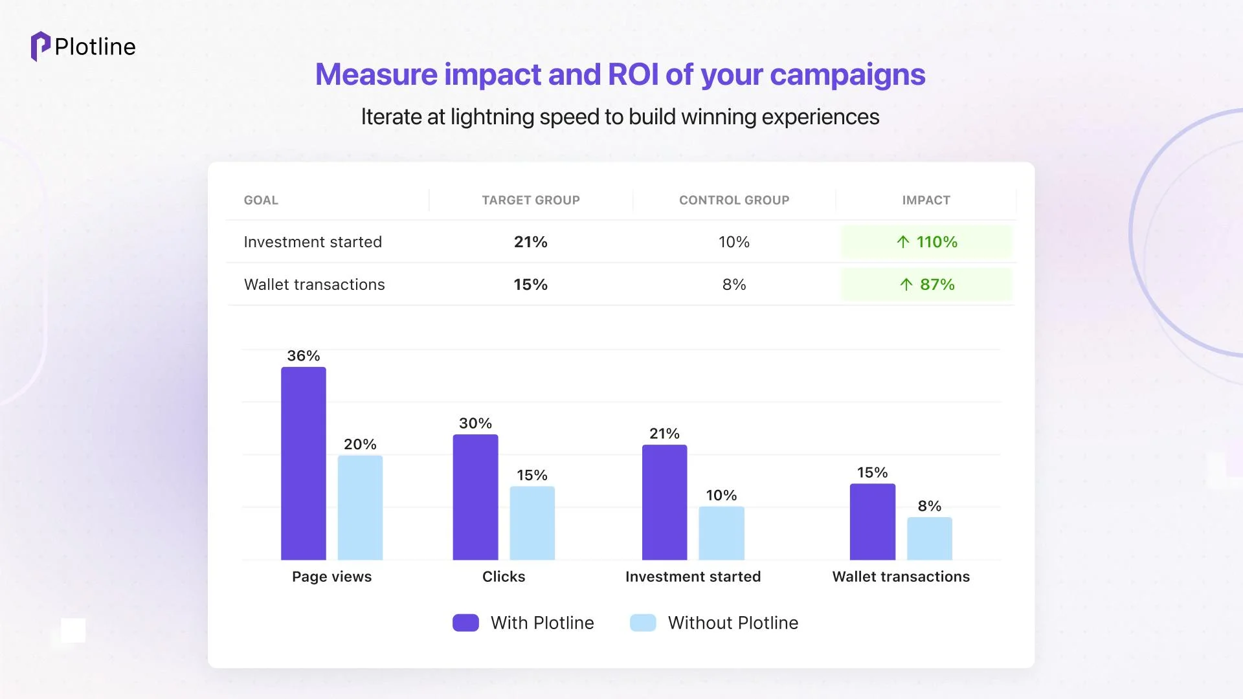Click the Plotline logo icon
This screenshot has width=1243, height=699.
[x=40, y=47]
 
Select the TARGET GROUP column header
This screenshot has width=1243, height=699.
[x=531, y=201]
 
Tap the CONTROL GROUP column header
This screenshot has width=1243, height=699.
[x=734, y=201]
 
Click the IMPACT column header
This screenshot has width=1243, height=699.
[x=926, y=201]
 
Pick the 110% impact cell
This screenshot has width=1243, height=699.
[x=926, y=242]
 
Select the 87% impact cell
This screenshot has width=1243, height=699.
[x=926, y=285]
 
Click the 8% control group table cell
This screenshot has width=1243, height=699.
[x=734, y=285]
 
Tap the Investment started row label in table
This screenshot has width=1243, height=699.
[x=313, y=242]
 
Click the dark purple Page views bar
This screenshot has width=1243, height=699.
[x=304, y=463]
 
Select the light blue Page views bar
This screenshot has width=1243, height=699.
[x=360, y=507]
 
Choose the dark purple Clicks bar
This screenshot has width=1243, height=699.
[x=475, y=497]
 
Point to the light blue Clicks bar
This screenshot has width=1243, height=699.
[x=532, y=523]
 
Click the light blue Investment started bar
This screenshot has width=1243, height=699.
[x=722, y=533]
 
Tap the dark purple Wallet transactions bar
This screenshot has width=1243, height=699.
[x=873, y=522]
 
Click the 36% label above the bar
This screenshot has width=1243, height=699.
[x=304, y=356]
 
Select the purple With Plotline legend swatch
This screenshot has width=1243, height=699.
[x=465, y=623]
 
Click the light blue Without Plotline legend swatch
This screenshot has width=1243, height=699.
[x=643, y=623]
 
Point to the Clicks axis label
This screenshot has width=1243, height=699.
[x=504, y=577]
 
